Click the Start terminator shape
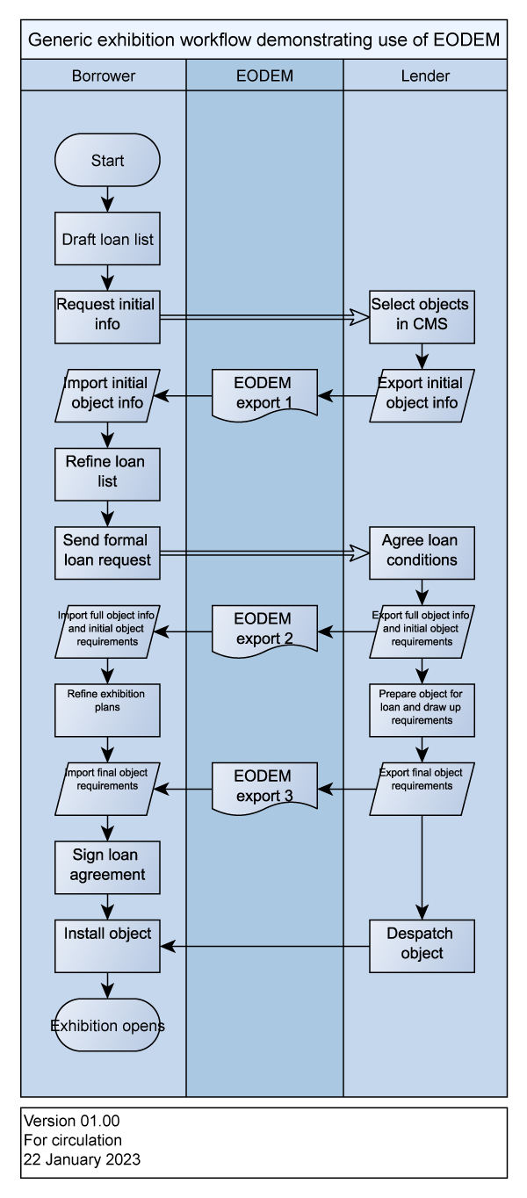click(107, 161)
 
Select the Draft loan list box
click(107, 238)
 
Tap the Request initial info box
click(107, 316)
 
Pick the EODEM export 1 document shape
click(264, 392)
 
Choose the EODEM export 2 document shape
click(264, 628)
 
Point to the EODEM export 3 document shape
click(264, 786)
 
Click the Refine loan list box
click(107, 473)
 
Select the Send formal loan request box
click(107, 552)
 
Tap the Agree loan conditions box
click(422, 552)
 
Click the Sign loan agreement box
click(107, 865)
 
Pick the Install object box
click(107, 945)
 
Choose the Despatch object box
click(422, 945)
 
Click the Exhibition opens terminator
click(107, 1025)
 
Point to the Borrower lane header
click(104, 76)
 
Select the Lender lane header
click(425, 76)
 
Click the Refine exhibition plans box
click(107, 709)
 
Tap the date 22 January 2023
click(82, 1159)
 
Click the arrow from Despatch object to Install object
click(263, 946)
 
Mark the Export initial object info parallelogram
click(422, 393)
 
